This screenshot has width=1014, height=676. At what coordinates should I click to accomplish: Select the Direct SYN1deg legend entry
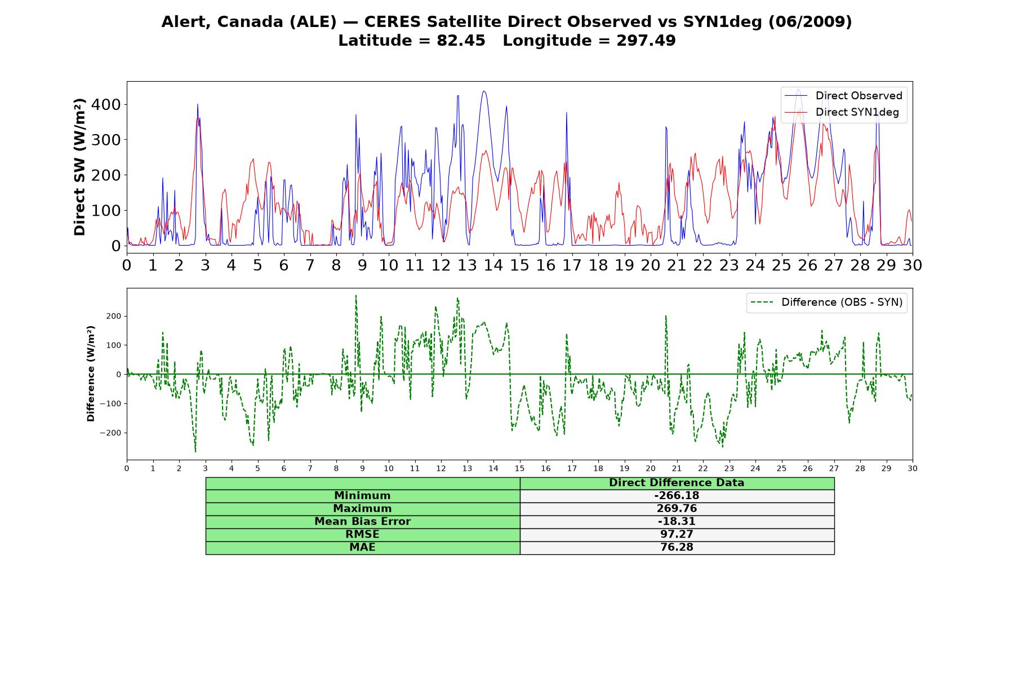tap(842, 112)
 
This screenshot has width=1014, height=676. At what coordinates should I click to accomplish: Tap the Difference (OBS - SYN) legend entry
tap(826, 303)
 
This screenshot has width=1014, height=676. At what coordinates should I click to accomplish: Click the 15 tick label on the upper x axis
tap(519, 265)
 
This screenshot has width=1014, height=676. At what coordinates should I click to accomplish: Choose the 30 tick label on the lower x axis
tap(913, 468)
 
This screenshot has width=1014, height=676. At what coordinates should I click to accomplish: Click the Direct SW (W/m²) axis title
tap(79, 167)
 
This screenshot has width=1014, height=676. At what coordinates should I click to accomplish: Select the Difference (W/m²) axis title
tap(91, 373)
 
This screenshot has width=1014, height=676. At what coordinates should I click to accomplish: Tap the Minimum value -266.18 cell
tap(677, 496)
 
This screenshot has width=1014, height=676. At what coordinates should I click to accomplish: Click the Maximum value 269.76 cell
tap(677, 509)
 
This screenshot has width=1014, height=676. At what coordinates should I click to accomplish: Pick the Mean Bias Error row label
tap(362, 522)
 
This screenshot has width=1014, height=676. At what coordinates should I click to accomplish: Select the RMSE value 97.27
tap(677, 534)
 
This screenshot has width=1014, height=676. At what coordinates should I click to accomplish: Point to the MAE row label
tap(362, 547)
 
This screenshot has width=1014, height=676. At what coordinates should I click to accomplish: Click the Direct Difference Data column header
tap(677, 483)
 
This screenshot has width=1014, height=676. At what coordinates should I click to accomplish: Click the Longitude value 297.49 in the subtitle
tap(646, 41)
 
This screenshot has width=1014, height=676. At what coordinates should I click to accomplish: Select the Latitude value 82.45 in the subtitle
tap(461, 41)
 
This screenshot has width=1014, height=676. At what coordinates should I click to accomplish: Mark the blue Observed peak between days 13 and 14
tap(483, 91)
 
